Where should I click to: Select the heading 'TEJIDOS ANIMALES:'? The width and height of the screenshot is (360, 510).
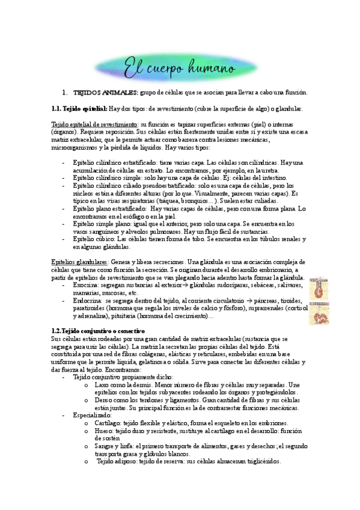coord(106,93)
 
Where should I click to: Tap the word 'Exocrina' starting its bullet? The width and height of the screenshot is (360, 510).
coord(86,285)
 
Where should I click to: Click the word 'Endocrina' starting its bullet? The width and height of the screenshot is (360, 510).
coord(88,300)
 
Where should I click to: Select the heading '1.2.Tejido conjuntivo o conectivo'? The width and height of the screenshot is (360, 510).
coord(99,331)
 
